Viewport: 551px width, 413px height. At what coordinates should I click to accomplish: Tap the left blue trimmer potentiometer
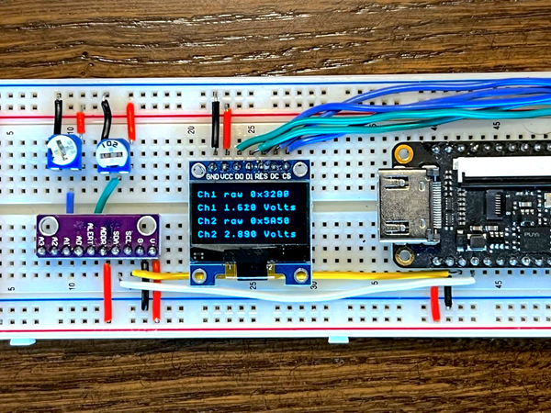62,151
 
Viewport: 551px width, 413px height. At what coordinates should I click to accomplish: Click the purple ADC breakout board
96,234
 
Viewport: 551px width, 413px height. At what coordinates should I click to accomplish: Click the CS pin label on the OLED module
287,175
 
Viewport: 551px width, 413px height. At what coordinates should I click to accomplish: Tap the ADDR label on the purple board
104,236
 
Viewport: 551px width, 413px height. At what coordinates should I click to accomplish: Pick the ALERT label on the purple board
91,237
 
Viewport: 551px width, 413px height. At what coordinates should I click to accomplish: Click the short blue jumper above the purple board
70,202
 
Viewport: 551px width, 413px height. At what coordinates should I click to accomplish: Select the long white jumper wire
303,289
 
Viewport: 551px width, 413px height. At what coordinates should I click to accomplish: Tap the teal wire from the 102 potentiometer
104,195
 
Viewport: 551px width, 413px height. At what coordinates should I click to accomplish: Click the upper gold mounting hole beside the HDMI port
401,149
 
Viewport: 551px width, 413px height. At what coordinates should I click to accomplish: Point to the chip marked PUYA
529,237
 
